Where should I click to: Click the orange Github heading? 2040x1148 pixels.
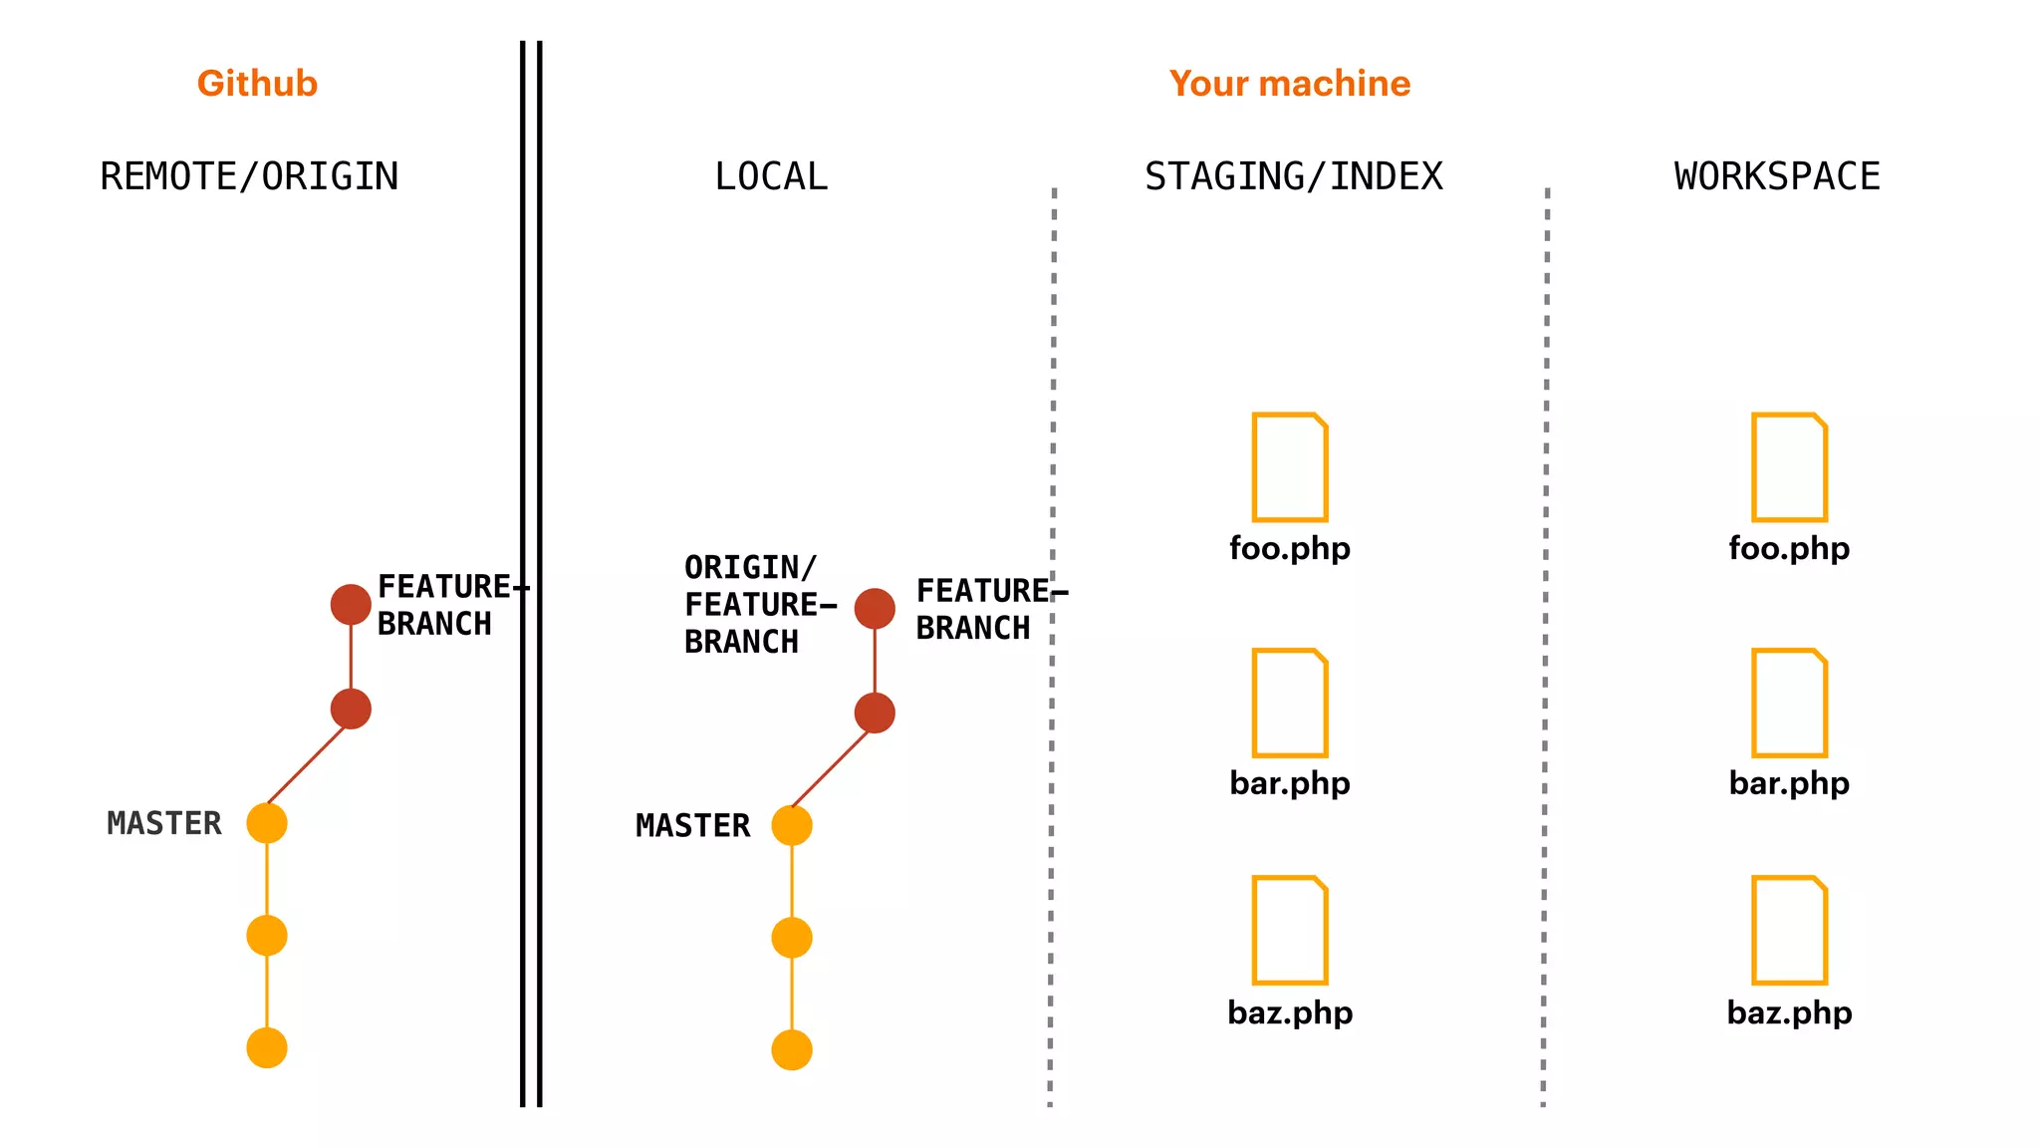(x=257, y=84)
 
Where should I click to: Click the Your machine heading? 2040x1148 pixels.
(x=1290, y=84)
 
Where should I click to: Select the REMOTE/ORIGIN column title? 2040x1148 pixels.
(x=249, y=176)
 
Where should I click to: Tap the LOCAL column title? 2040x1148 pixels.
(x=771, y=176)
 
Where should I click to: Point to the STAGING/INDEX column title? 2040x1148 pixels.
(x=1293, y=176)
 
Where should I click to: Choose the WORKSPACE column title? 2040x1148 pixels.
(x=1777, y=176)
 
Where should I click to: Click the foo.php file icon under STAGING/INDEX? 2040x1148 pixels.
(x=1290, y=466)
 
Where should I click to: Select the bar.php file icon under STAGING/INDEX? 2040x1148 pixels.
(x=1290, y=703)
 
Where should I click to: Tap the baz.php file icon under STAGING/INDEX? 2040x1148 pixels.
(x=1290, y=930)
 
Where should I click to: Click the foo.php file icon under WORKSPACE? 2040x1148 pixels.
(x=1789, y=466)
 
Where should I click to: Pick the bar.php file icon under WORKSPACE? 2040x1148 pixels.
(x=1789, y=703)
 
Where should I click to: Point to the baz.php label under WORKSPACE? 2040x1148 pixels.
(x=1789, y=1012)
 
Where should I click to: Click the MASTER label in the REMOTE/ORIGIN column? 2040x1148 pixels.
(x=164, y=823)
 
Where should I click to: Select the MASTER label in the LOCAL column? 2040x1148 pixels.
(x=693, y=825)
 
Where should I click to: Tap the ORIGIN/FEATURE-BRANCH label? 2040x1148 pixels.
(x=757, y=605)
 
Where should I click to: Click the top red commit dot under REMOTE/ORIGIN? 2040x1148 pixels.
(x=351, y=605)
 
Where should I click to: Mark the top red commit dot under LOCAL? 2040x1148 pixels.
(x=875, y=608)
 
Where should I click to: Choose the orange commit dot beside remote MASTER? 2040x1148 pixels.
(x=267, y=823)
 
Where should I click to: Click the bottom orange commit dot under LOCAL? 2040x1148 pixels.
(x=792, y=1050)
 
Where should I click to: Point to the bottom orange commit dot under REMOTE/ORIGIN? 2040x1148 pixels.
(x=267, y=1048)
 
